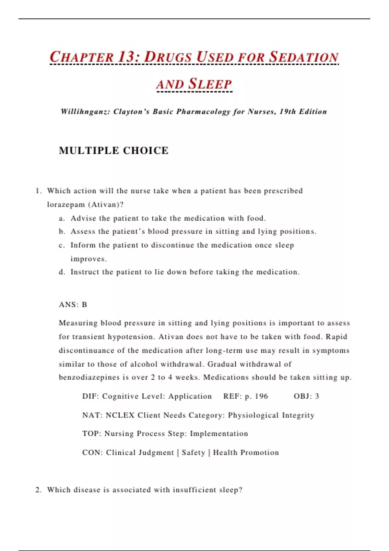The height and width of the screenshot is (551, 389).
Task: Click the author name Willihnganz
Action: [x=85, y=112]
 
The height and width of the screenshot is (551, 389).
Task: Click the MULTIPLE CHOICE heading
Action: [x=113, y=151]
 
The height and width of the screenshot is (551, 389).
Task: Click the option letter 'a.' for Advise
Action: [x=62, y=218]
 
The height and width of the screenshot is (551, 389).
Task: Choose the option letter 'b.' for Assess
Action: [x=62, y=232]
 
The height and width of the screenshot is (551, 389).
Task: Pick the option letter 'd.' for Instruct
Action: [x=62, y=272]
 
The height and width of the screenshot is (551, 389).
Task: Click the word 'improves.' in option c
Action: [x=88, y=259]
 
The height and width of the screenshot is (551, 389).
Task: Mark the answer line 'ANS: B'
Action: [x=73, y=305]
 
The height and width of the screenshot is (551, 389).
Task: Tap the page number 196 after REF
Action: [x=261, y=396]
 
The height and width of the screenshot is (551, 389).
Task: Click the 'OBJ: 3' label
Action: [x=306, y=396]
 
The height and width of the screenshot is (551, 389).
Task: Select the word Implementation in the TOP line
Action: [x=219, y=434]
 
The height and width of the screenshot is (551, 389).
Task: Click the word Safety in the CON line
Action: [x=193, y=452]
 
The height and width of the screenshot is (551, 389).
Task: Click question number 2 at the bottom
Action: [x=38, y=490]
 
